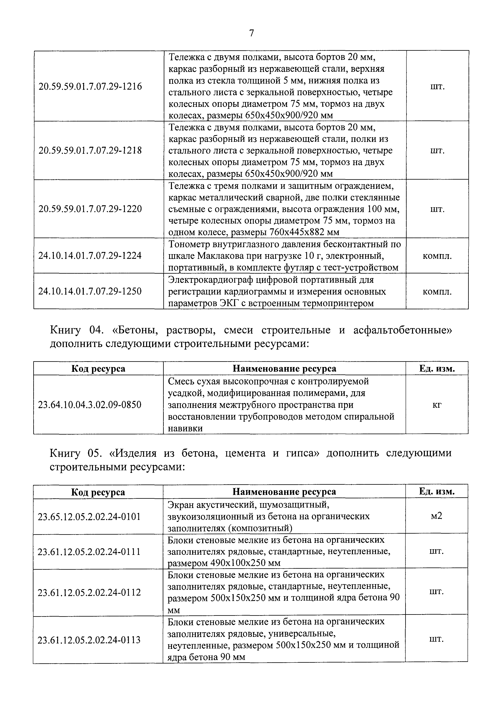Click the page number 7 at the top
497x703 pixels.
(251, 33)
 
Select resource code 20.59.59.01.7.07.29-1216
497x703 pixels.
(90, 87)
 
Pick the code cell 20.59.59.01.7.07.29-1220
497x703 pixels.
(90, 209)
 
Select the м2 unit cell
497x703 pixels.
(436, 516)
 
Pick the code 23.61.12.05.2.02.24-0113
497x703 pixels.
(89, 640)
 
